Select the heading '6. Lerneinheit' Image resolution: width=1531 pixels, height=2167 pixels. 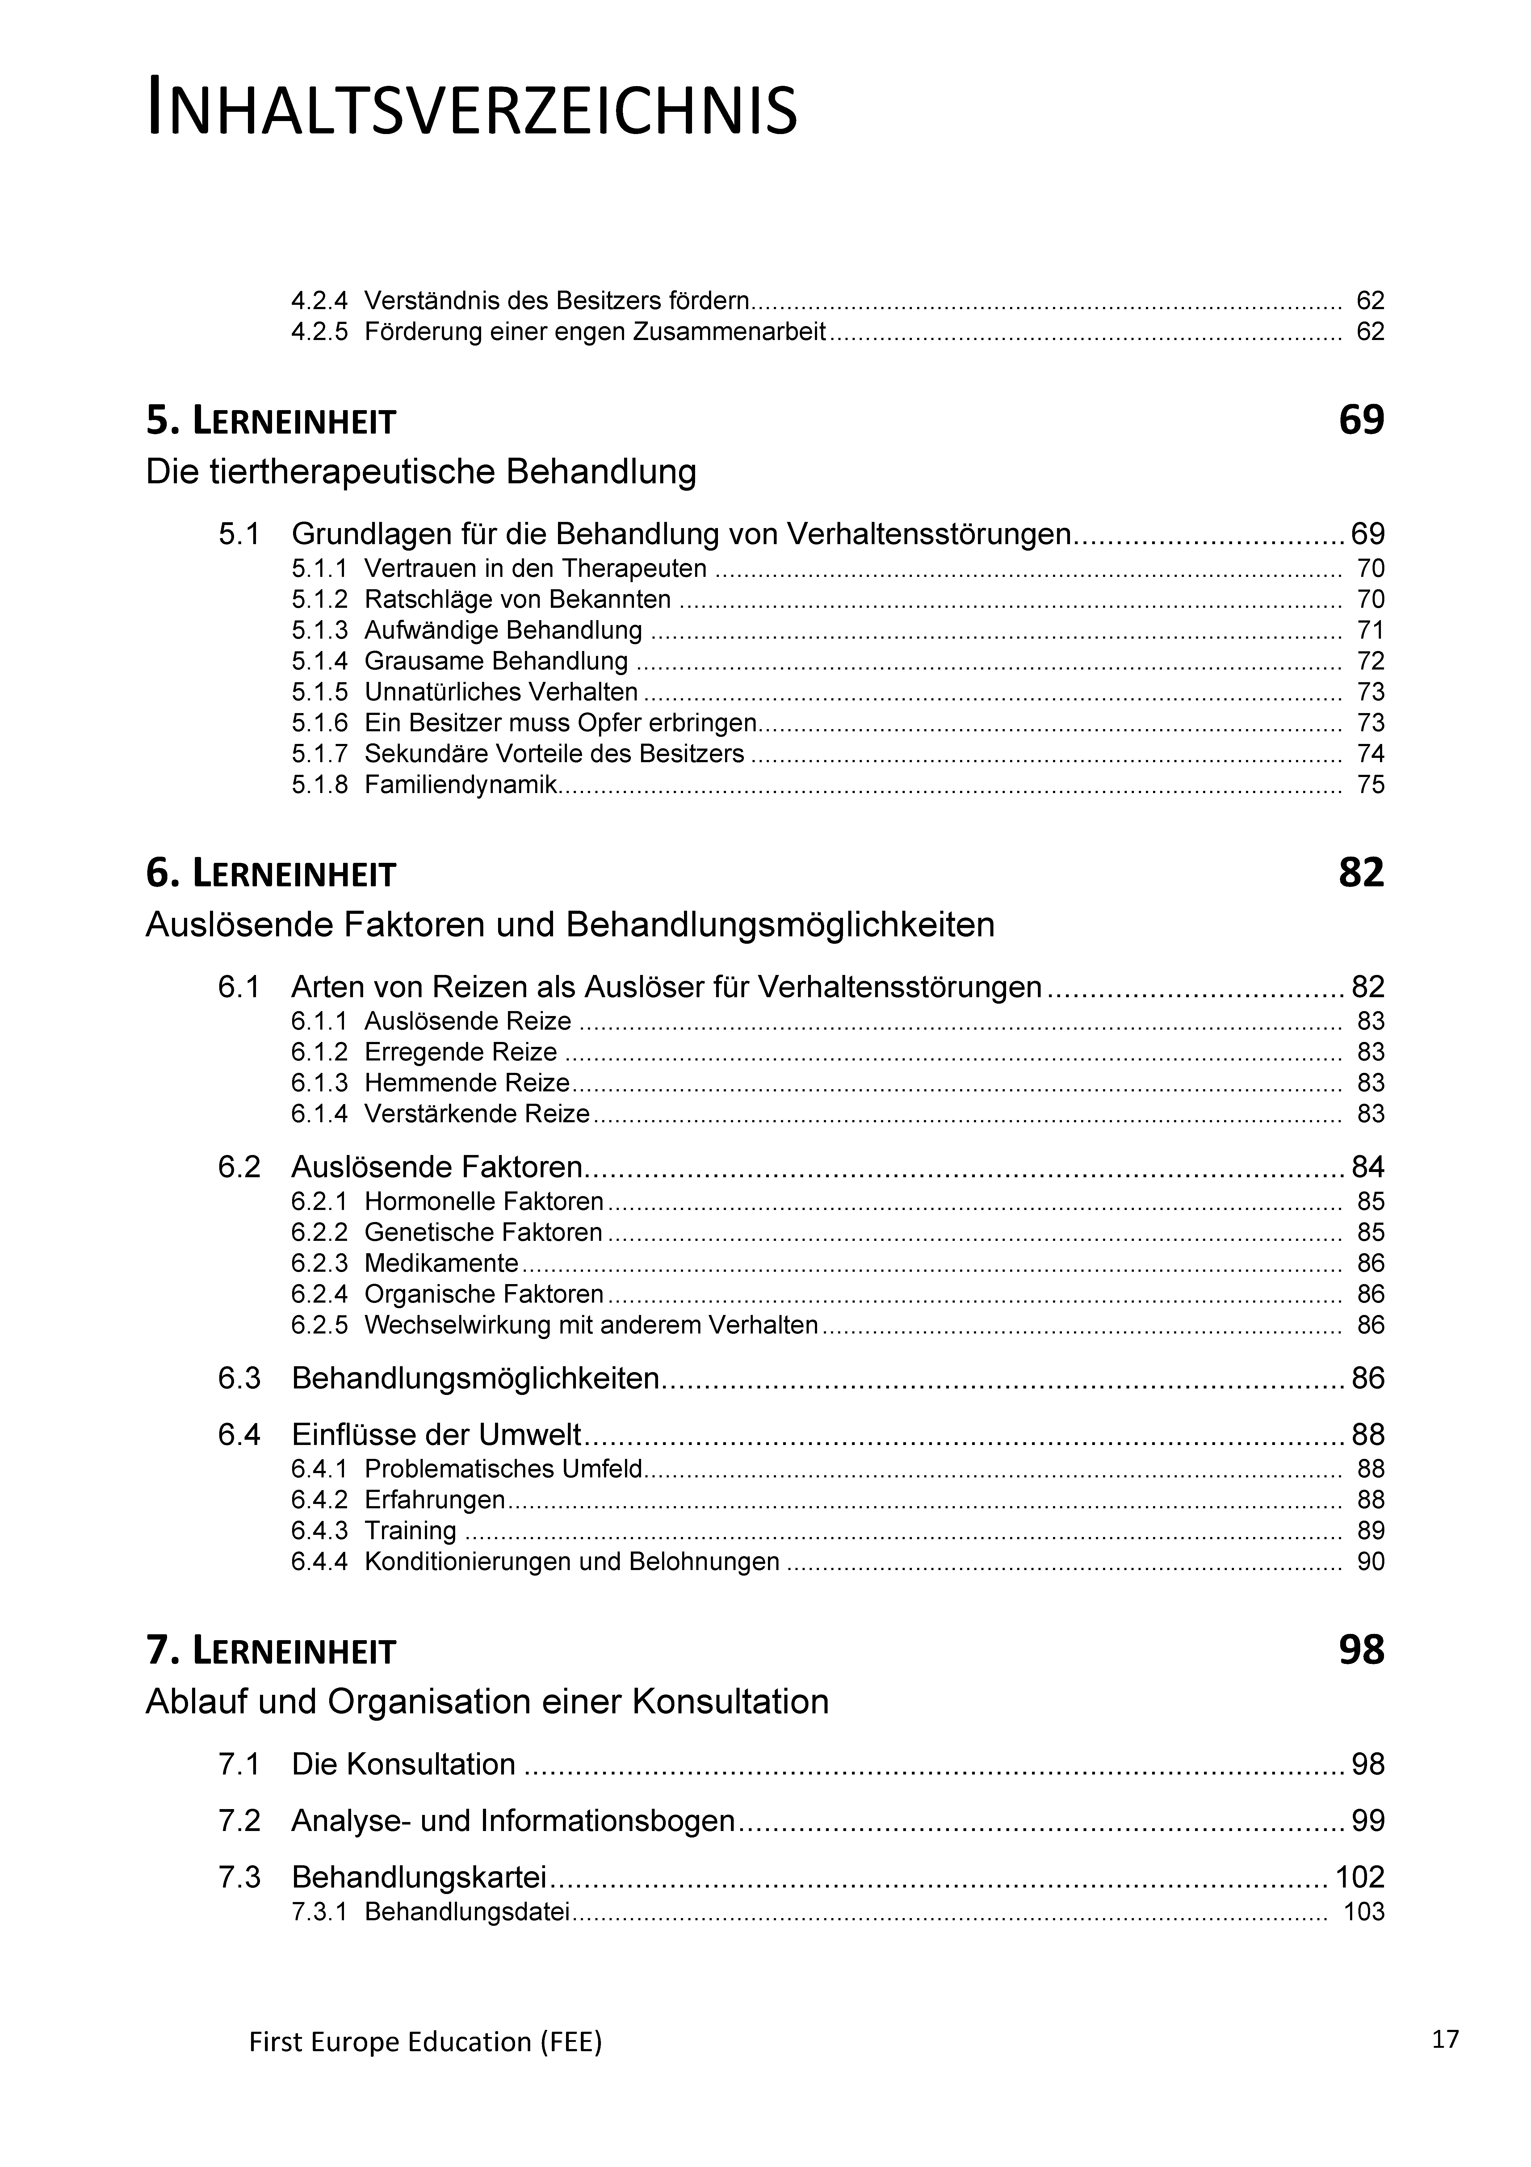[271, 874]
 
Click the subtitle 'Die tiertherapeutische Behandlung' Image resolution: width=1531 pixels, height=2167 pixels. [421, 471]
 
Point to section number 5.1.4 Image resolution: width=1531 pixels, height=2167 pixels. [319, 661]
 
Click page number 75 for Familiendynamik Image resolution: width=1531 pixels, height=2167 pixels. [1370, 784]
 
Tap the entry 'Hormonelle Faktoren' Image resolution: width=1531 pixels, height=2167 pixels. [483, 1202]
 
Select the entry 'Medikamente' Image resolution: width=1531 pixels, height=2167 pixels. [441, 1263]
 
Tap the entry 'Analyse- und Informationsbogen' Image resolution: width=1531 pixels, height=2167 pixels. [513, 1821]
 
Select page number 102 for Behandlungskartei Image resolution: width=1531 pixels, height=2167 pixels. [1359, 1876]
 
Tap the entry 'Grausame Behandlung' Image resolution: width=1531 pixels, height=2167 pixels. [496, 661]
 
